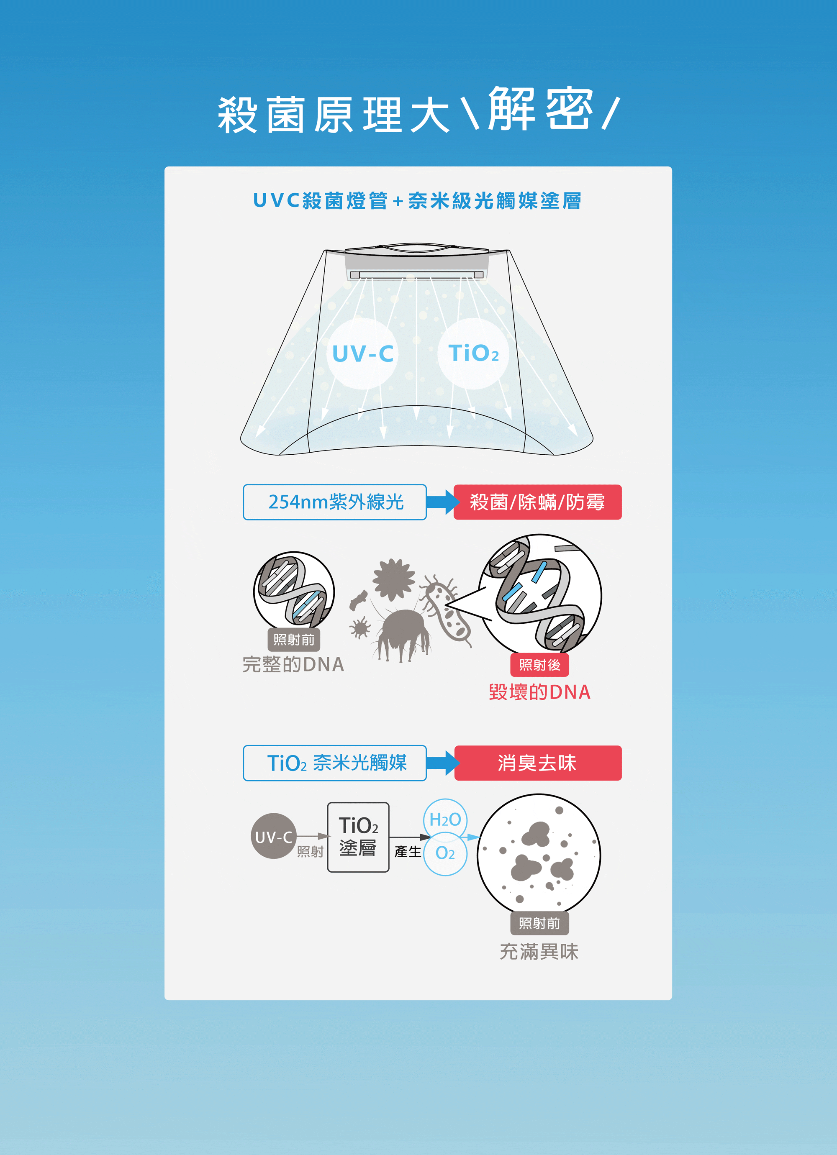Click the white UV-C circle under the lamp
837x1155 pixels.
[x=362, y=353]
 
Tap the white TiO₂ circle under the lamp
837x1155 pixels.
[x=473, y=353]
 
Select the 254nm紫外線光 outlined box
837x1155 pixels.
[x=335, y=502]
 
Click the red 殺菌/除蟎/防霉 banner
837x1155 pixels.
[x=537, y=502]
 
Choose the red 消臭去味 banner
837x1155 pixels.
[x=537, y=763]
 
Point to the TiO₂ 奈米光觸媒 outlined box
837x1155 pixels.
[x=335, y=763]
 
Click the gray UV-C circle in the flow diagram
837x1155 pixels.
[x=274, y=836]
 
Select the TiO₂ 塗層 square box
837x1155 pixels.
[x=358, y=837]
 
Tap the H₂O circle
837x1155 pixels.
[x=445, y=820]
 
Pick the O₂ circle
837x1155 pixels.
[x=445, y=853]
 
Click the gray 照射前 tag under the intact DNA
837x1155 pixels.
[x=294, y=640]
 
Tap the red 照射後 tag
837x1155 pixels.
[x=539, y=665]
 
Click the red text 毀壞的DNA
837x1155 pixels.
[x=539, y=692]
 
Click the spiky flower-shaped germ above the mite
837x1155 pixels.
[x=393, y=579]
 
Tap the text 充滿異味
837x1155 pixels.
[x=539, y=951]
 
